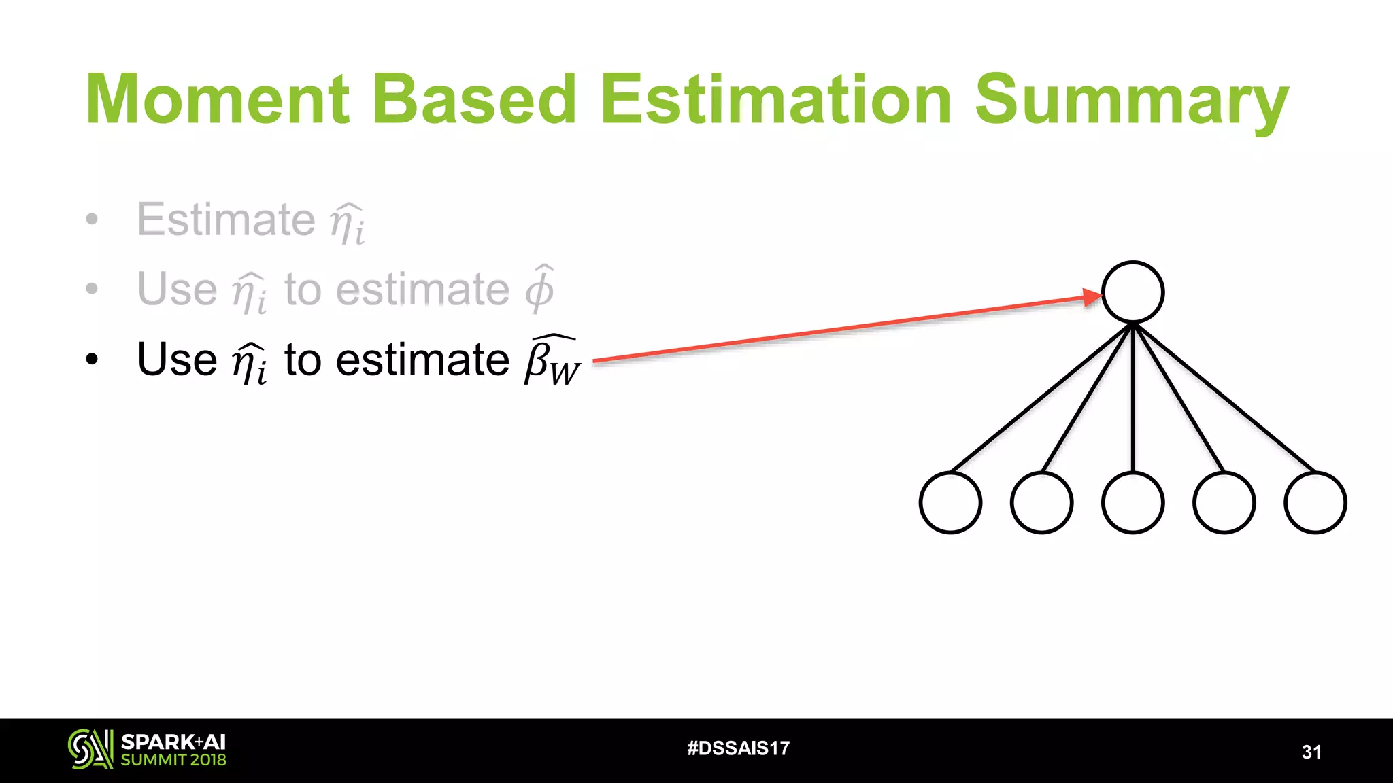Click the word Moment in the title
click(218, 100)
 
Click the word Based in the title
click(474, 100)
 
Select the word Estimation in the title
click(775, 100)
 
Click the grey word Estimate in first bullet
click(226, 220)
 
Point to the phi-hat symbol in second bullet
click(539, 288)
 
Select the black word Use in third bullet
click(177, 359)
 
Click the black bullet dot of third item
click(92, 360)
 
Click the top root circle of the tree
click(1132, 292)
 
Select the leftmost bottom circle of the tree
click(950, 503)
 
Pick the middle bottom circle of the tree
click(1132, 503)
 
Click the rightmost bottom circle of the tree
click(1315, 503)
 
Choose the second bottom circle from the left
click(1041, 503)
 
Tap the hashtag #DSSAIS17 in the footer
click(738, 748)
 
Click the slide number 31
click(1311, 752)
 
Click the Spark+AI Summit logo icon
click(90, 749)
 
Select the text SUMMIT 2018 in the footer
click(173, 760)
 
